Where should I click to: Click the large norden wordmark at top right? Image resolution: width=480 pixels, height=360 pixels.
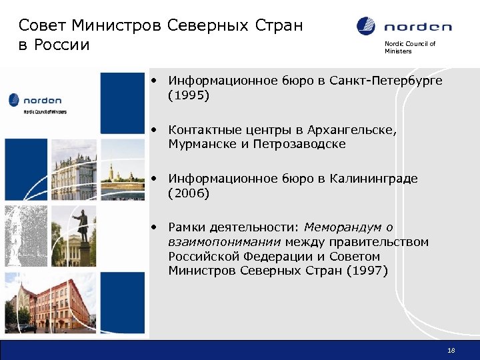[x=417, y=27]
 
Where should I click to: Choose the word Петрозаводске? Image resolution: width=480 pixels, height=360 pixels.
[x=299, y=144]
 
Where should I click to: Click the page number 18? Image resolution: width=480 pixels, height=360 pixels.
[x=451, y=351]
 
